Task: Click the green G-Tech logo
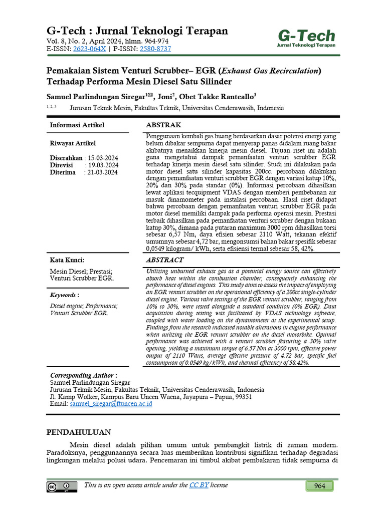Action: point(306,38)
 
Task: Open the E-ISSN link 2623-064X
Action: point(90,49)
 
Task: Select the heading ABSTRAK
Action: point(163,125)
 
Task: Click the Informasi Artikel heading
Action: point(77,125)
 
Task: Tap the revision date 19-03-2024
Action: point(103,165)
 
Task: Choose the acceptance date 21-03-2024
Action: point(103,172)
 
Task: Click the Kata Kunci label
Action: point(67,260)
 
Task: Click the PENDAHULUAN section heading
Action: point(79,432)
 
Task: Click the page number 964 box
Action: point(320,486)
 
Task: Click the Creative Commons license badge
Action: point(62,487)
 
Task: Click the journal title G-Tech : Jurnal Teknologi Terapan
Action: point(137,31)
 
